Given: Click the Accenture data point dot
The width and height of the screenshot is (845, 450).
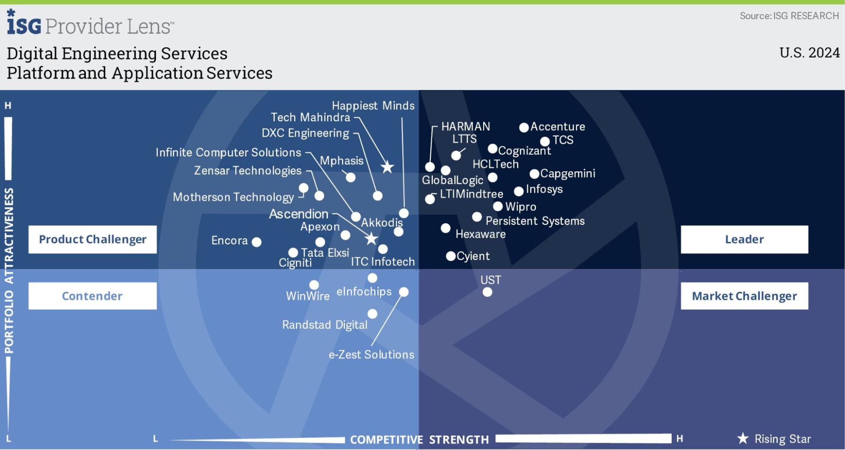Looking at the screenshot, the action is click(524, 127).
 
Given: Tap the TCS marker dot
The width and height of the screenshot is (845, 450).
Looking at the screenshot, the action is click(545, 141).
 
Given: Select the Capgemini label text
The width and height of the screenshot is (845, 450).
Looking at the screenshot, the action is click(568, 173).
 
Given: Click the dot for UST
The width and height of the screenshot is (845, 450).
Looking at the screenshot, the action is click(487, 292).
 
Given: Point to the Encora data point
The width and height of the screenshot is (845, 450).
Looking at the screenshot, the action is click(257, 242).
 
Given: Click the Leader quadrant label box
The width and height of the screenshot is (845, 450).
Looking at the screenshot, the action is click(744, 239).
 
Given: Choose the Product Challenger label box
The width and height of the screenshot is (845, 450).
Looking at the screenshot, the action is click(93, 239).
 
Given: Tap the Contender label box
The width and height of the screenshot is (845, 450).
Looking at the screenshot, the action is click(93, 296).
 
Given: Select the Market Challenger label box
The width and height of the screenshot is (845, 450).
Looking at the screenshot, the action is click(744, 296).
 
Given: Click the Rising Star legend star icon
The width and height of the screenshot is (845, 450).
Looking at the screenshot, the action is click(743, 439).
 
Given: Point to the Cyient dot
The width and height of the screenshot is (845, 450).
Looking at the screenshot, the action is click(451, 256).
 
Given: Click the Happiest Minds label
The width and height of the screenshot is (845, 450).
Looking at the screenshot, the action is click(373, 106).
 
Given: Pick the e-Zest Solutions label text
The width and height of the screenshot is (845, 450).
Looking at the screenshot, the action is click(372, 354).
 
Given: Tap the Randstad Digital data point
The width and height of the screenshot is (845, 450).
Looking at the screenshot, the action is click(372, 314).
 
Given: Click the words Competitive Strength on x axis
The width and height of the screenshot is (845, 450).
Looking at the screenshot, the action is click(419, 440).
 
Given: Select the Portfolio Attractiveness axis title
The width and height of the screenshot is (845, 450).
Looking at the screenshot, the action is click(9, 271).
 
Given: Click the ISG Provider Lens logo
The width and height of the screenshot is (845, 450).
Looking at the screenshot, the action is click(90, 23).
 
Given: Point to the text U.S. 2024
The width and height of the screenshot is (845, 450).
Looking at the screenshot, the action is click(809, 53).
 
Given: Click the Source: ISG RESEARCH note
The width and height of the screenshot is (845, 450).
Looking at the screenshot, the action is click(789, 16).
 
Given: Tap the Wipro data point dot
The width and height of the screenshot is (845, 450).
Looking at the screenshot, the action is click(498, 206).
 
